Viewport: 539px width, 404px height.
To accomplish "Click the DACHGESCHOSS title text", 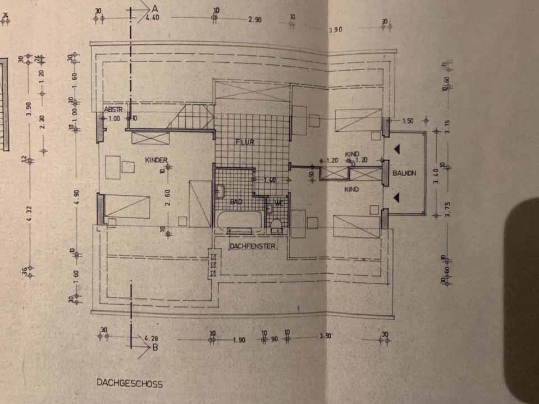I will pos(129,384).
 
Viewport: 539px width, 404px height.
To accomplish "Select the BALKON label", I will pos(404,173).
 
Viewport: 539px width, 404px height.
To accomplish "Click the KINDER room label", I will pos(157,160).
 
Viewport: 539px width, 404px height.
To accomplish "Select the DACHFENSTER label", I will pos(252,246).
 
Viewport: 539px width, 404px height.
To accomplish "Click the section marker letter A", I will pos(154,8).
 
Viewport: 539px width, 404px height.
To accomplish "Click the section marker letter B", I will pos(155,347).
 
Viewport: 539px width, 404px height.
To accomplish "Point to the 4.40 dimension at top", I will pos(152,18).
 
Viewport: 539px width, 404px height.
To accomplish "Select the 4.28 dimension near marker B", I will pos(151,338).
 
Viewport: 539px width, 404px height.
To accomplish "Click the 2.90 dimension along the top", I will pos(255,20).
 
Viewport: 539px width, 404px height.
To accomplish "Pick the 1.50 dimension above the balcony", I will pos(408,121).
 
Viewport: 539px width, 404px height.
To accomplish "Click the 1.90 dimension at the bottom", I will pos(239,340).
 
